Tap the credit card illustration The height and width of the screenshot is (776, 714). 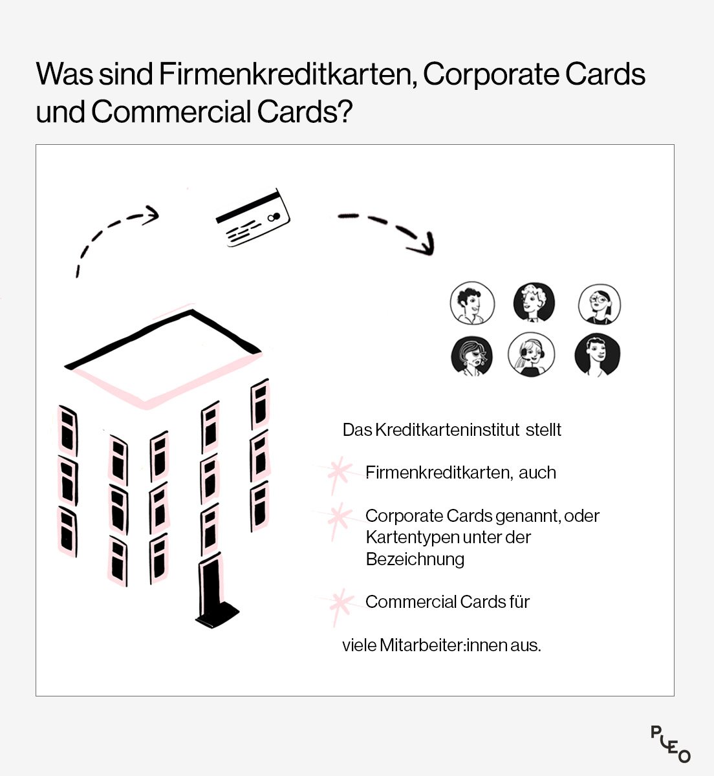click(253, 218)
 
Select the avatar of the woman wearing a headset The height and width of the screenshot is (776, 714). click(532, 354)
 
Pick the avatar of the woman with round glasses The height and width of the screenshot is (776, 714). click(600, 304)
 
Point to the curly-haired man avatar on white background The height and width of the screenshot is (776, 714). click(472, 303)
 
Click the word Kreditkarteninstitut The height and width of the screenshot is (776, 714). click(447, 430)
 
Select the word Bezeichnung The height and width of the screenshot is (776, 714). click(415, 559)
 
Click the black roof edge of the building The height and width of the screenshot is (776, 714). click(162, 339)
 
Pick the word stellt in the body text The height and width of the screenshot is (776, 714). click(543, 430)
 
